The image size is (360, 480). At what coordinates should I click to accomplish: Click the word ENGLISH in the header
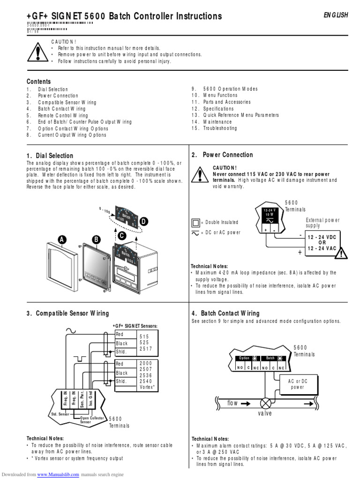pos(336,15)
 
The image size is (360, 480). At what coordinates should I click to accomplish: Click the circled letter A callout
pos(61,240)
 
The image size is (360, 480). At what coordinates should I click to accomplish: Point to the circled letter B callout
pos(96,240)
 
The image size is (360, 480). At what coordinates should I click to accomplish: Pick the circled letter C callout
pos(122,236)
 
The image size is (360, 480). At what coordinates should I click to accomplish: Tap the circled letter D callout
pos(143,221)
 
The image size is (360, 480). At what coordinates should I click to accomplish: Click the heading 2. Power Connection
pos(222,155)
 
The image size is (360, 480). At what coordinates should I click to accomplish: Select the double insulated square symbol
pos(195,222)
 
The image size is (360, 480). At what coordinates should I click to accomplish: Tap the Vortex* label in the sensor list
pos(148,387)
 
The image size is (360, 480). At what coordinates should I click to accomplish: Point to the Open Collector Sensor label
pos(91,420)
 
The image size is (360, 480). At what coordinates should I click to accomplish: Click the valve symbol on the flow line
pos(266,403)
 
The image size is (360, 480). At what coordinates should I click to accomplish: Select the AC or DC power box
pos(297,384)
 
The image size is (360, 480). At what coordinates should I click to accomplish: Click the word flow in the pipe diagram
pos(233,403)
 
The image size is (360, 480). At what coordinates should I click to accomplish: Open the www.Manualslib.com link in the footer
pos(58,474)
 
